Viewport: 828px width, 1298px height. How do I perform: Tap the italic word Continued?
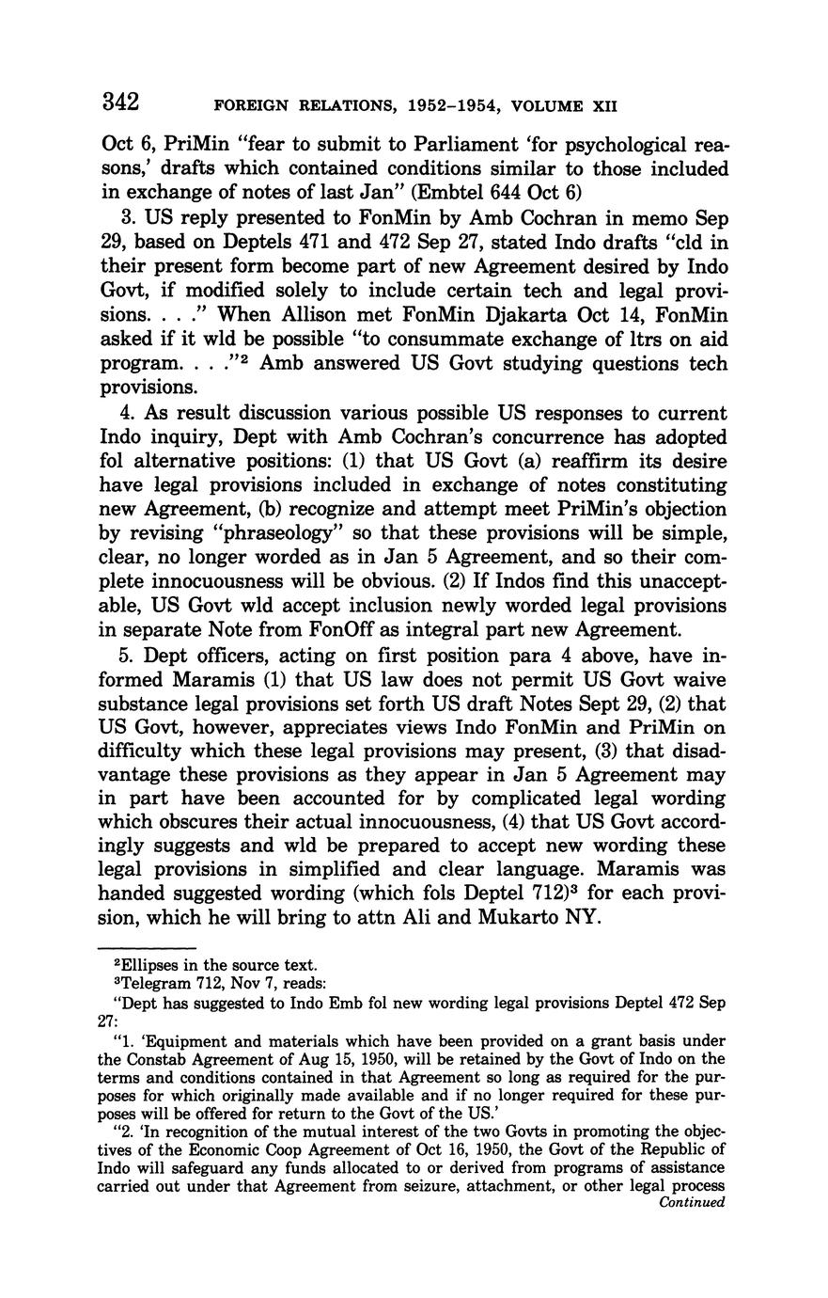click(693, 1201)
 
